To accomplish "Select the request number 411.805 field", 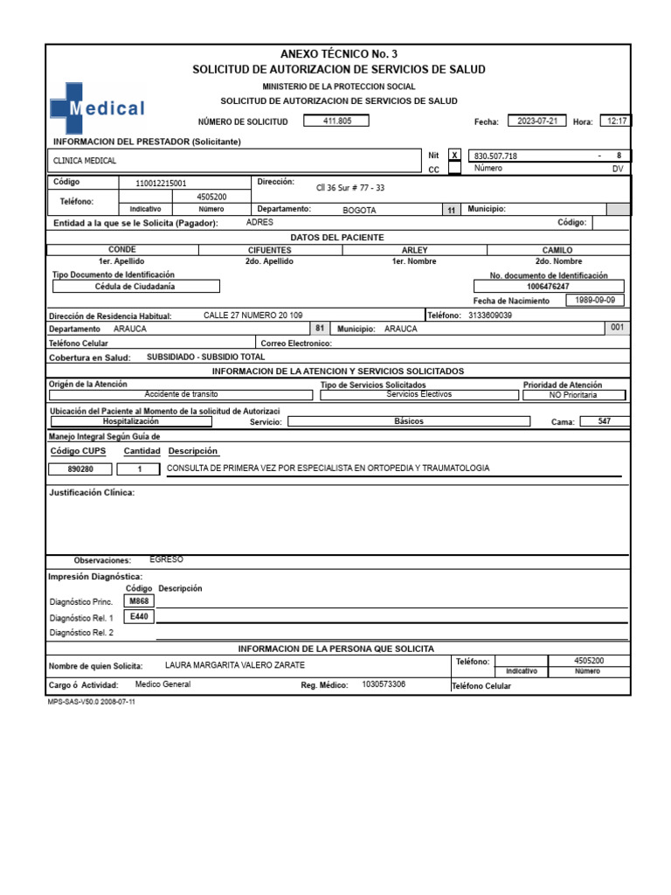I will tap(335, 121).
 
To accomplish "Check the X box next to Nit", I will tap(454, 156).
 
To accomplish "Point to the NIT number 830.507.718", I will tap(495, 156).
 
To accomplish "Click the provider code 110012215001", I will tap(161, 184).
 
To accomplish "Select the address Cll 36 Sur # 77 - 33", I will tap(349, 188).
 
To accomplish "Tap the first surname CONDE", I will tap(121, 250).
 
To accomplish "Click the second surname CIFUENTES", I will tap(269, 250).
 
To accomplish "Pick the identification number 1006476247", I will tap(549, 287).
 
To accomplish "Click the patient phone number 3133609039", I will tap(490, 316).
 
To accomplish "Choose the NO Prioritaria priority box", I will tap(573, 395).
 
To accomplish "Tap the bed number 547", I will tap(605, 421).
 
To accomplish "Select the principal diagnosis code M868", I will tap(139, 602).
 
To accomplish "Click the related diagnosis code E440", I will tap(139, 617).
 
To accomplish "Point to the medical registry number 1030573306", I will tap(384, 684).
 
